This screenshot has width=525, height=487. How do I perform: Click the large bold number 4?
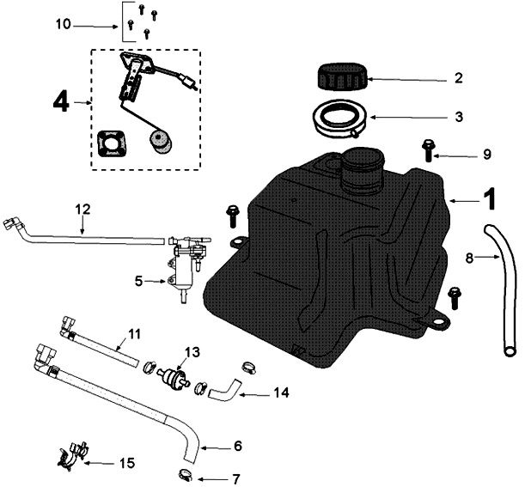tap(59, 102)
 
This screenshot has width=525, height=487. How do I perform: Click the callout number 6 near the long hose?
tap(238, 447)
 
